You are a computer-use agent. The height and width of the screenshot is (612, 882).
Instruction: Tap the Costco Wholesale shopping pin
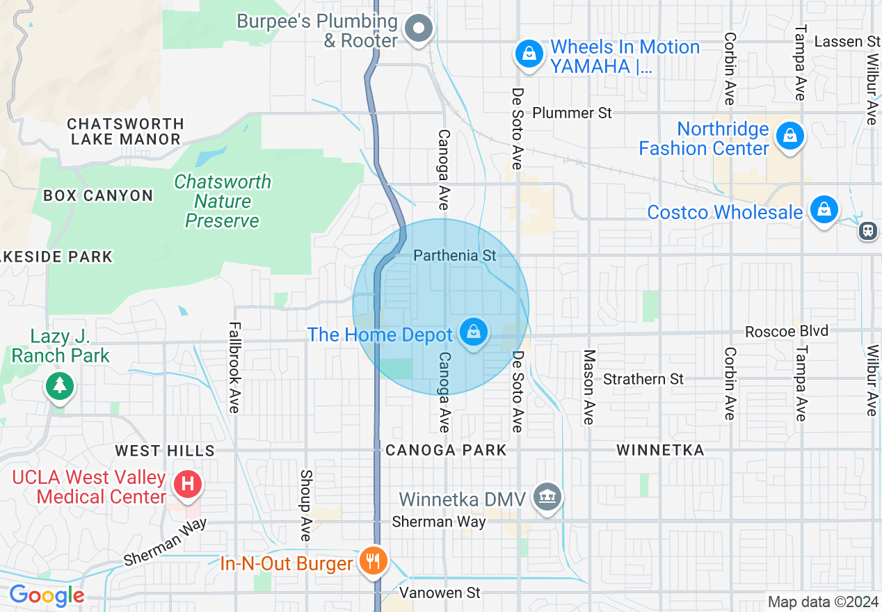pos(824,209)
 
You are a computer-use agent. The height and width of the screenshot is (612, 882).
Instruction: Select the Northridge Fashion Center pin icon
pos(790,136)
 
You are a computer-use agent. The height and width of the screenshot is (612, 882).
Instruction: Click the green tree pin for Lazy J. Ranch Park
pos(60,385)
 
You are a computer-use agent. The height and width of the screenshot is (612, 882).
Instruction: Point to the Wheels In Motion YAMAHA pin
pos(529,54)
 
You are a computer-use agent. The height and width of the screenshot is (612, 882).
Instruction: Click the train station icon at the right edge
pos(868,231)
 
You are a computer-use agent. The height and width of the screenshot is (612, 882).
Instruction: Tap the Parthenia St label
pos(455,256)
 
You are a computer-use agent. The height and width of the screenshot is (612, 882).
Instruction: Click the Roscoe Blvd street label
pos(787,331)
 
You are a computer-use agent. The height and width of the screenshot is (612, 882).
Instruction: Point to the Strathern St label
pos(643,379)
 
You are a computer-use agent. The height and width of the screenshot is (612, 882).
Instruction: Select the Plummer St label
pos(572,113)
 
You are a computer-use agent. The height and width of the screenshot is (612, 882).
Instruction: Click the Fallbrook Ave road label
pos(234,367)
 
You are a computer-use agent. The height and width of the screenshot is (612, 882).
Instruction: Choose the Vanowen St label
pos(440,593)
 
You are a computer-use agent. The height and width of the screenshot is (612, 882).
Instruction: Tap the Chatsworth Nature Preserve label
pos(223,202)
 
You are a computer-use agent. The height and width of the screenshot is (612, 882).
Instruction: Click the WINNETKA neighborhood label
pos(660,451)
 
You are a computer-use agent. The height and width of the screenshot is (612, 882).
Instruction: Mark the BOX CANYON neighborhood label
pos(98,195)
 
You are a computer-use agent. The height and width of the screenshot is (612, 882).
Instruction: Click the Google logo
pos(47,596)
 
